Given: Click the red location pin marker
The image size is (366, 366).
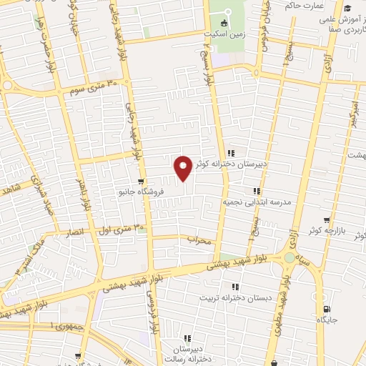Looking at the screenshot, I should pyautogui.click(x=183, y=167).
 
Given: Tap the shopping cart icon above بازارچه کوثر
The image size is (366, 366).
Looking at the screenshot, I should pyautogui.click(x=327, y=220).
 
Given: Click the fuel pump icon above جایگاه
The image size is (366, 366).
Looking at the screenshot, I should pyautogui.click(x=327, y=309).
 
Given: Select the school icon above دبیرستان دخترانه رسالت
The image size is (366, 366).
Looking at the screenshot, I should pyautogui.click(x=187, y=338).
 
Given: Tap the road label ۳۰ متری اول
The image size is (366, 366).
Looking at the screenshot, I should pyautogui.click(x=119, y=228).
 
